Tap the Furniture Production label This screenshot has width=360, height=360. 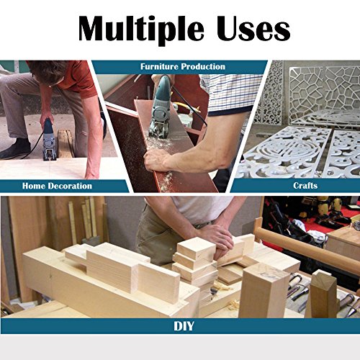(182, 67)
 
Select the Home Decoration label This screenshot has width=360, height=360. (58, 186)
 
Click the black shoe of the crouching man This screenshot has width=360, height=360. (15, 149)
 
